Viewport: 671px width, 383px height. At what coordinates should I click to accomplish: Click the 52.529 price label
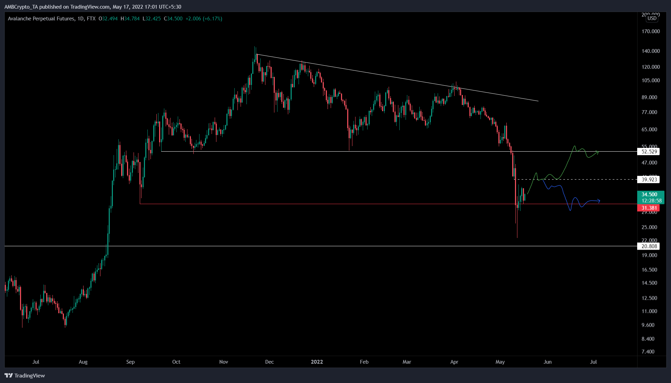pyautogui.click(x=649, y=152)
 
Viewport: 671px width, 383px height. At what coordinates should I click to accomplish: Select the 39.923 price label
pyautogui.click(x=649, y=180)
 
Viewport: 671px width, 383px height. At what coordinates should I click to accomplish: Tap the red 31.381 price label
pyautogui.click(x=649, y=208)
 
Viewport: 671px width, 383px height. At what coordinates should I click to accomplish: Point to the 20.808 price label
pyautogui.click(x=649, y=246)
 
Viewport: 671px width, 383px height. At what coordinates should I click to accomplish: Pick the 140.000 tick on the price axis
pyautogui.click(x=651, y=51)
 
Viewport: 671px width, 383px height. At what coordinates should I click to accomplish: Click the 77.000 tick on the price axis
pyautogui.click(x=649, y=112)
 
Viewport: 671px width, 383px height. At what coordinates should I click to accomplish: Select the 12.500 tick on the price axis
pyautogui.click(x=649, y=298)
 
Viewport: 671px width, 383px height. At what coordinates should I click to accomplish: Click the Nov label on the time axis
pyautogui.click(x=224, y=362)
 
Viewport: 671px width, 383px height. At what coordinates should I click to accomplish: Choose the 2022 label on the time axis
pyautogui.click(x=317, y=362)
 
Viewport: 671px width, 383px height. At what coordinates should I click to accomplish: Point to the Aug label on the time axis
pyautogui.click(x=83, y=362)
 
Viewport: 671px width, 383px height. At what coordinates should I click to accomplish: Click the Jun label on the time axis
pyautogui.click(x=547, y=362)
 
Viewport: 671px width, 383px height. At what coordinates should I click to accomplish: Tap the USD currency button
pyautogui.click(x=652, y=18)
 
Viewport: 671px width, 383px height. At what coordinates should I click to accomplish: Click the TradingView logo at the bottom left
pyautogui.click(x=25, y=375)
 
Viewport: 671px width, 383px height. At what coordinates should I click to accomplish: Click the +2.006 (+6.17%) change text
pyautogui.click(x=204, y=19)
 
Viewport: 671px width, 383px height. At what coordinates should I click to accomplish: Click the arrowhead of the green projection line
pyautogui.click(x=598, y=152)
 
